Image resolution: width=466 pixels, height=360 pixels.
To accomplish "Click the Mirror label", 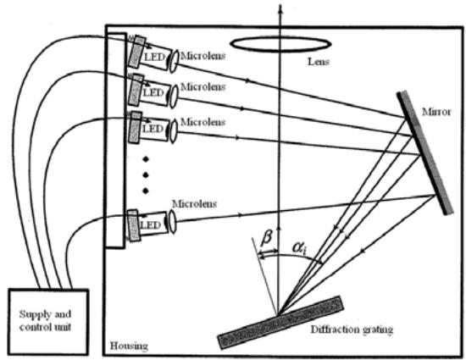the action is [436, 112].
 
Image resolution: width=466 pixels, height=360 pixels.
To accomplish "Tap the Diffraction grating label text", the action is [352, 330].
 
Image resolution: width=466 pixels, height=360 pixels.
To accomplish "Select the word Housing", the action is [129, 346].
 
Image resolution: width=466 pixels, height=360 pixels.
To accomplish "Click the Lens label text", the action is [319, 62].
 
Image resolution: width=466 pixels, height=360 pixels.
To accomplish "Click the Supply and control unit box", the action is [48, 322].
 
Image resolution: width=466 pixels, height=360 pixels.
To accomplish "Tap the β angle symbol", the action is [266, 238].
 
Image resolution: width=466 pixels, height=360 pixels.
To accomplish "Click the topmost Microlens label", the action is [202, 56].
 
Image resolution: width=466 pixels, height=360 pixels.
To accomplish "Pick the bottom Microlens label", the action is [194, 204].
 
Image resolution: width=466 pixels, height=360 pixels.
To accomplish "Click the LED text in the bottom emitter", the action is [150, 224].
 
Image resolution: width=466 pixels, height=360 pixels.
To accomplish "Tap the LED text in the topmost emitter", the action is [154, 57].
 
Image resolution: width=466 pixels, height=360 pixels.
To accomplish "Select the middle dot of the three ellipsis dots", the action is [146, 174].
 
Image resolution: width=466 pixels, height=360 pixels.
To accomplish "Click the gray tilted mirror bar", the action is [425, 152].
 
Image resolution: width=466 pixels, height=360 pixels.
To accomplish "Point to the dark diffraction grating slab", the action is [280, 323].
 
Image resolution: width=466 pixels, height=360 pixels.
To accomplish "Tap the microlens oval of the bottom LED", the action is [172, 221].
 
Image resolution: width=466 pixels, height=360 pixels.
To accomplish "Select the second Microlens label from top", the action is [202, 86].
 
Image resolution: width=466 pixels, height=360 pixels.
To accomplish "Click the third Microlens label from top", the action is [202, 122].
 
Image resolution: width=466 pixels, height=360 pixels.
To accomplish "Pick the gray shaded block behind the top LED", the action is [136, 52].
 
